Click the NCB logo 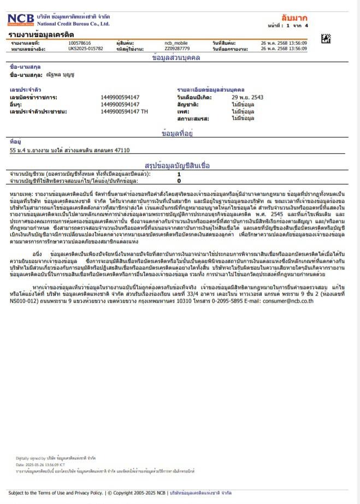[x=21, y=20]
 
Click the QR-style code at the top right [x=326, y=38]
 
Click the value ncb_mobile [x=176, y=43]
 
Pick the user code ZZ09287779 [x=177, y=49]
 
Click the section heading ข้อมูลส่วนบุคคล [x=176, y=57]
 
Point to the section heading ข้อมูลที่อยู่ [x=179, y=133]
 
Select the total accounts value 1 [x=179, y=174]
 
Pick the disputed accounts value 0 [x=179, y=180]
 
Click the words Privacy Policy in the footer [x=88, y=493]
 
